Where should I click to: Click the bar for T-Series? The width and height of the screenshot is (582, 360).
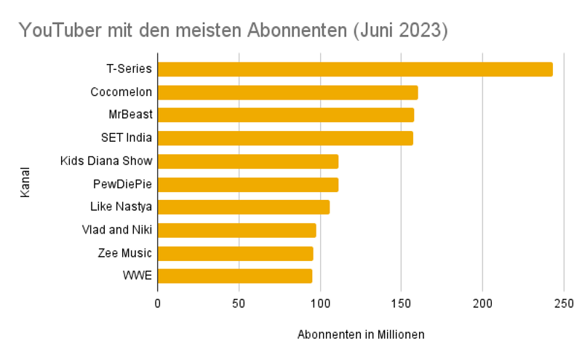(355, 69)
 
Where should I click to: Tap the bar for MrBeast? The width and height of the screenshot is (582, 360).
(285, 115)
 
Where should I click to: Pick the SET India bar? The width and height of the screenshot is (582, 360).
(285, 138)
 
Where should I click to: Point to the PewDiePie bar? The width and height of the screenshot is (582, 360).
(247, 184)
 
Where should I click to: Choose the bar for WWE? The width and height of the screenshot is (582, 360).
(234, 276)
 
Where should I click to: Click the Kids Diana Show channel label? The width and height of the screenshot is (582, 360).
(106, 161)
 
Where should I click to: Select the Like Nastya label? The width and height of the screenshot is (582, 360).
(121, 207)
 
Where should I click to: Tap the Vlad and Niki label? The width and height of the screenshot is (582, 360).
(117, 230)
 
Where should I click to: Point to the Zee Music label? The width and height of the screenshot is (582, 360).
(124, 253)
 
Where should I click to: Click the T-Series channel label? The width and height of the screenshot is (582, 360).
(129, 69)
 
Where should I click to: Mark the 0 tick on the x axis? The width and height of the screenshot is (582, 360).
(157, 303)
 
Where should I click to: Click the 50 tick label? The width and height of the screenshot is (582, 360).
(239, 303)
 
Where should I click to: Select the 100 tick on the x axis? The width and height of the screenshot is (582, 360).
(319, 303)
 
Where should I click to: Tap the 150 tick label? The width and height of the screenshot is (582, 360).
(401, 303)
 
